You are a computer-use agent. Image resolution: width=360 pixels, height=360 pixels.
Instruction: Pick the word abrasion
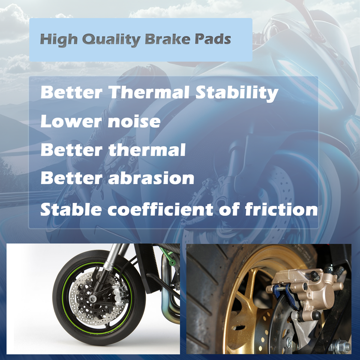click(x=151, y=178)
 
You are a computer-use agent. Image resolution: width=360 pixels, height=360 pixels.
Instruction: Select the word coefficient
click(x=169, y=209)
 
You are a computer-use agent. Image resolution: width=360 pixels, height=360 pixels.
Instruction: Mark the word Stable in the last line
click(x=71, y=209)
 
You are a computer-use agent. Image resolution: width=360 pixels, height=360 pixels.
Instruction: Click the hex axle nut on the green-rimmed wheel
click(x=92, y=299)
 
